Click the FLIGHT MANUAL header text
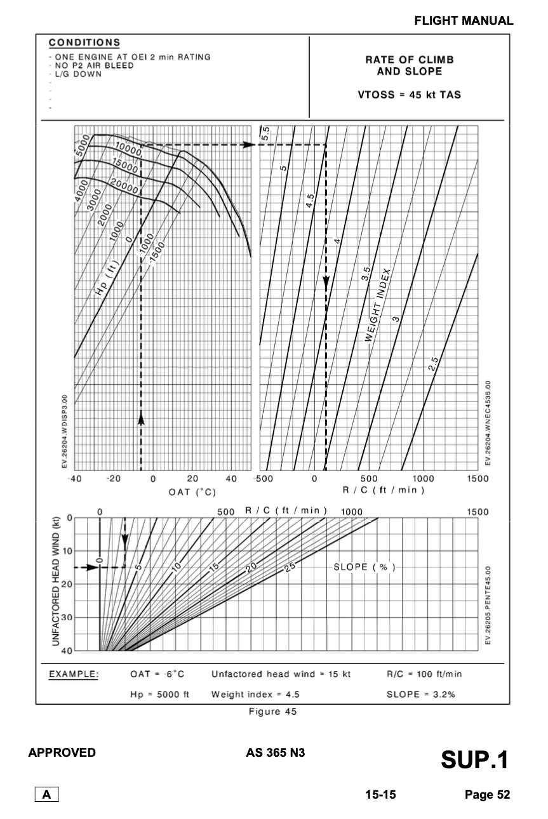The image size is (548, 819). [x=464, y=21]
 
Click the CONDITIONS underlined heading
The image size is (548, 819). [x=84, y=43]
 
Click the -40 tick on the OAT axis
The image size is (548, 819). [x=74, y=479]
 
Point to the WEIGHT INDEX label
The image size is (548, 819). [x=378, y=305]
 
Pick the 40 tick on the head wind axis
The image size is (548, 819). [x=65, y=651]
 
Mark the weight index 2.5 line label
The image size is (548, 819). [x=434, y=365]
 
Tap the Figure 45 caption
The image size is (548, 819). [x=273, y=711]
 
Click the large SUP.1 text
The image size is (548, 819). [x=471, y=759]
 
